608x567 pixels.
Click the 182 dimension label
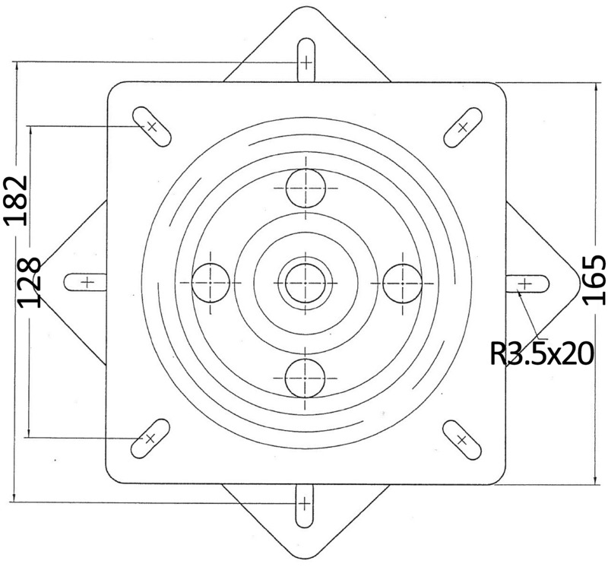tap(16, 199)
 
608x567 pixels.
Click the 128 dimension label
tap(29, 281)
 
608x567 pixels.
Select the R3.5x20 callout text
tap(542, 353)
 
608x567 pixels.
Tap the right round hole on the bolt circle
tap(401, 282)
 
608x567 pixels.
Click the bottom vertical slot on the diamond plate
tap(304, 503)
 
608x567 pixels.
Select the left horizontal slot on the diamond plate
tap(85, 282)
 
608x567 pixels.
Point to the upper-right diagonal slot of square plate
tap(461, 125)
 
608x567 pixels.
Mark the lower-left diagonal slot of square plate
tap(150, 439)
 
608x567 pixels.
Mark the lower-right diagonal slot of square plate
tap(461, 439)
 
